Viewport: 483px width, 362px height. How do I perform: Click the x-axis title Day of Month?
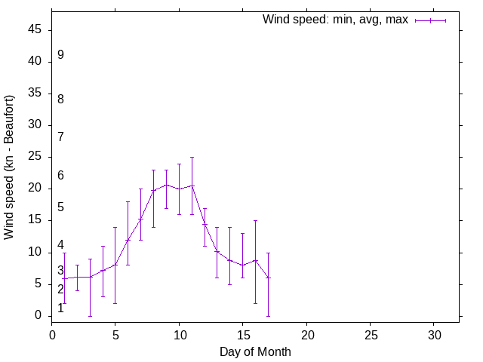coord(255,351)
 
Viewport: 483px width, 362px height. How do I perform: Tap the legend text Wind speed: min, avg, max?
coord(335,20)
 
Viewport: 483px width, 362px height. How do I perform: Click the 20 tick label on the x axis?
coord(306,333)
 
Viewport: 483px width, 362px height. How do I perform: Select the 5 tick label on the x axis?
coord(115,333)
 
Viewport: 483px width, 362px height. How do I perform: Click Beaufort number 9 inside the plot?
coord(60,55)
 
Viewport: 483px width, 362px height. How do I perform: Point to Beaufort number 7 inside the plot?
coord(60,137)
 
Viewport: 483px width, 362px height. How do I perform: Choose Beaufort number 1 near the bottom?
coord(60,308)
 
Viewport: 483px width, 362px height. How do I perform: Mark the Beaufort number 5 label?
coord(60,207)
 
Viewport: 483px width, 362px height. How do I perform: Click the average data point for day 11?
coord(192,186)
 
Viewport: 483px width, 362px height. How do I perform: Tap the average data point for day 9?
coord(166,185)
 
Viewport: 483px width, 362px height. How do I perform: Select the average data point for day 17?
coord(268,278)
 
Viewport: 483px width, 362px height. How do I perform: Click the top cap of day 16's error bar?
coord(255,220)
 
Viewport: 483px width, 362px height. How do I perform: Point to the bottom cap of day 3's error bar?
coord(90,316)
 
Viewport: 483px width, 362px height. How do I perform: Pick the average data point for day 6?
coord(128,240)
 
